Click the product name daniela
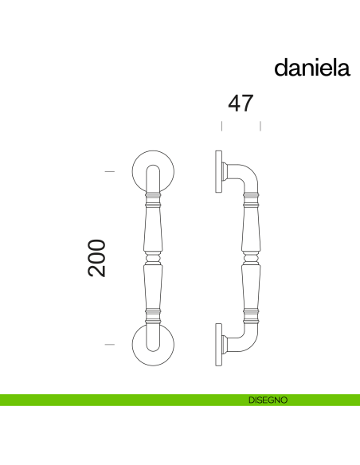pyautogui.click(x=312, y=68)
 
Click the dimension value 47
pyautogui.click(x=241, y=104)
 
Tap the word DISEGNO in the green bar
pyautogui.click(x=268, y=400)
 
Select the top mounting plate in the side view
pyautogui.click(x=217, y=171)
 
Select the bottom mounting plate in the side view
pyautogui.click(x=217, y=345)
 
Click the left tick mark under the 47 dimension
pyautogui.click(x=221, y=126)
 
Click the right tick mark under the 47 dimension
pyautogui.click(x=260, y=126)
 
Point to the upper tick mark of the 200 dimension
pyautogui.click(x=110, y=171)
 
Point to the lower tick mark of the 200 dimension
pyautogui.click(x=110, y=344)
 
